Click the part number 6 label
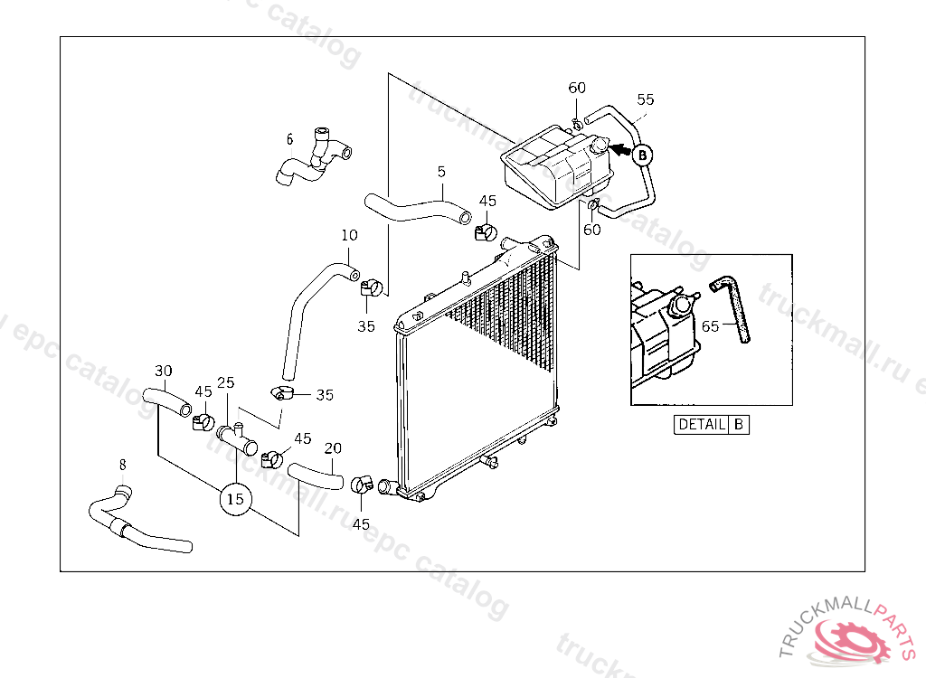click(289, 139)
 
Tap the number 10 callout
click(349, 235)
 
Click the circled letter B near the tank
click(642, 155)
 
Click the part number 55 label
click(646, 99)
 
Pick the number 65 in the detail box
click(710, 325)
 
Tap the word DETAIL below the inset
click(702, 424)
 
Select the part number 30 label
click(163, 371)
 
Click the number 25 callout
click(225, 383)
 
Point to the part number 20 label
click(333, 447)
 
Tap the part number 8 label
click(122, 466)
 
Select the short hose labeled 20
click(315, 475)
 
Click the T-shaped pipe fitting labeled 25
click(237, 437)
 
